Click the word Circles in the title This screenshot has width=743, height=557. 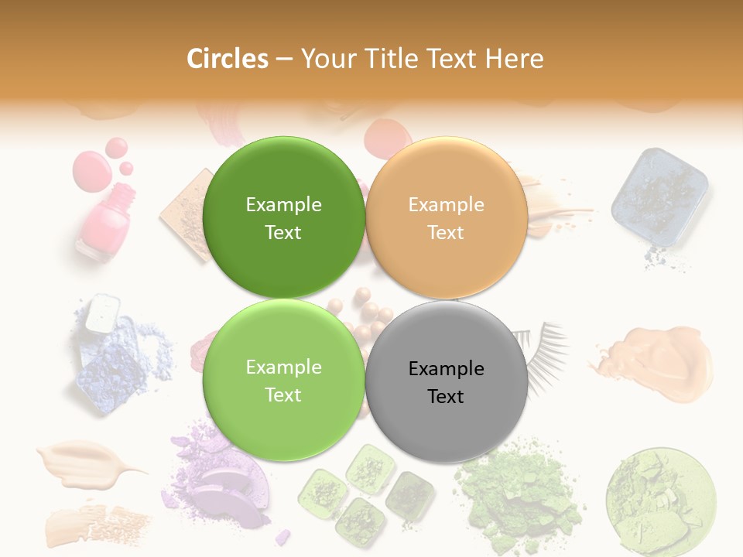[228, 59]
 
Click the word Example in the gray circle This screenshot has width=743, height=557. [447, 368]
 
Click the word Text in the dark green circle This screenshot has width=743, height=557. [283, 232]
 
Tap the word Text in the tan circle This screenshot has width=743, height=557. [446, 232]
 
